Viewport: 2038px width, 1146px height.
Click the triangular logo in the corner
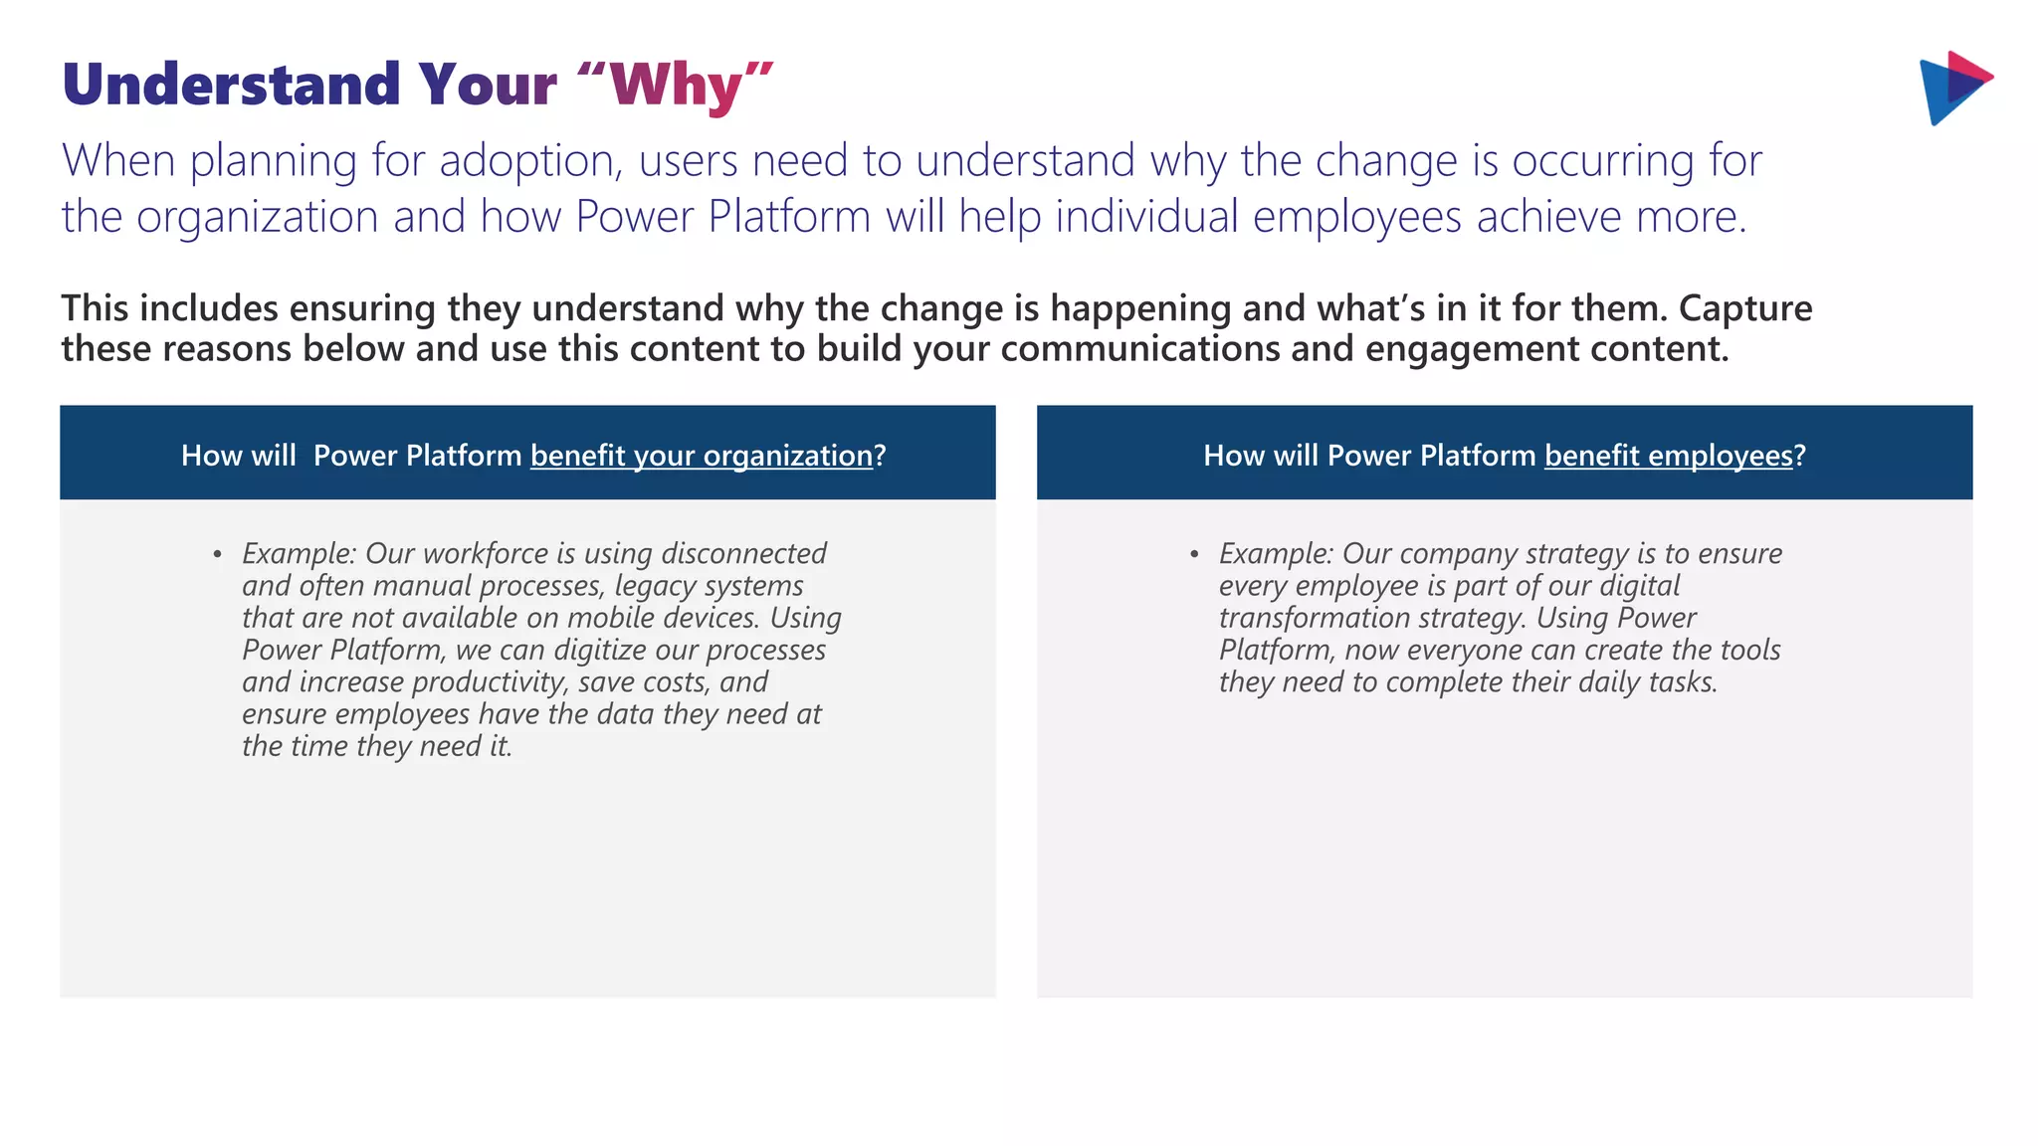[1952, 88]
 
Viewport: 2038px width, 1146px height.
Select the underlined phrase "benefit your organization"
[701, 456]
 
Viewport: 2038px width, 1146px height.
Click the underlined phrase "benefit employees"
[1668, 456]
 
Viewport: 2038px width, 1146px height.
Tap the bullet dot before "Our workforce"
[217, 555]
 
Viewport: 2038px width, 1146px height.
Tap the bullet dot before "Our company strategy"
[1194, 555]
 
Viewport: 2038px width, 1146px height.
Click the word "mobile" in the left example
[610, 618]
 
